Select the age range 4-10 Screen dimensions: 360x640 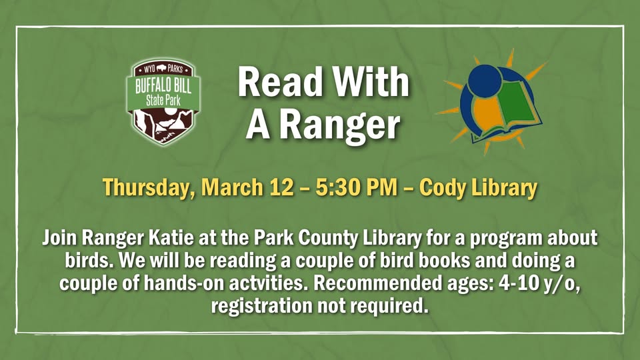[509, 283]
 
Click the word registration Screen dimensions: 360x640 [260, 306]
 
